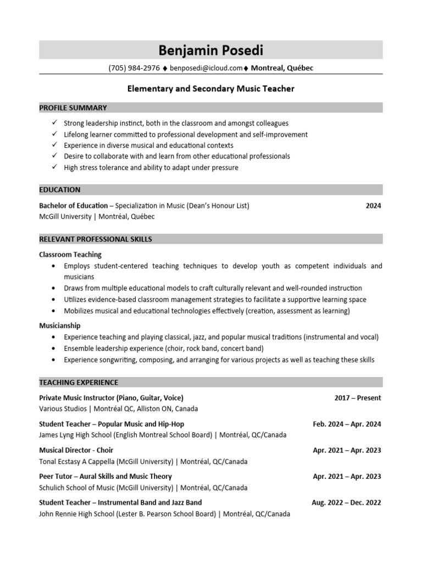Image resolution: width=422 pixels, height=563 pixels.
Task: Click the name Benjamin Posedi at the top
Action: pos(210,51)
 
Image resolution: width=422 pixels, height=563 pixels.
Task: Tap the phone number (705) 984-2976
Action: pos(134,68)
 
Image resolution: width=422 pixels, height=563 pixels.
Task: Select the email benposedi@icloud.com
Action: pos(206,68)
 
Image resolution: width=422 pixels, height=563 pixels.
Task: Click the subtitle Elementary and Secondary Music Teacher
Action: pos(211,89)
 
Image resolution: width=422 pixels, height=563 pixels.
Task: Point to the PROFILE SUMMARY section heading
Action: pos(73,108)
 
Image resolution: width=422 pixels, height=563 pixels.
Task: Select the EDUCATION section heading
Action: pos(60,190)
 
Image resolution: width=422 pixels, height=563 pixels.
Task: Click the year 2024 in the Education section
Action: pos(373,206)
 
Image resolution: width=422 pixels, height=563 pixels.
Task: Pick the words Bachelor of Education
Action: pos(73,206)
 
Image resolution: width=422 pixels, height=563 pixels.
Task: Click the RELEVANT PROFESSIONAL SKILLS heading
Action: pos(96,239)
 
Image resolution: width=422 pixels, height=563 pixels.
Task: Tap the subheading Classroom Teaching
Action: pos(70,255)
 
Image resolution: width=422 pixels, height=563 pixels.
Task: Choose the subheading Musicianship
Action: pos(60,325)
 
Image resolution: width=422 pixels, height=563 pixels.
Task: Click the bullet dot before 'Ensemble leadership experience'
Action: pos(53,349)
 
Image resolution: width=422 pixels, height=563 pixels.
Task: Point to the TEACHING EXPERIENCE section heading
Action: pos(79,382)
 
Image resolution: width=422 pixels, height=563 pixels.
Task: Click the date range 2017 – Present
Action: pos(358,398)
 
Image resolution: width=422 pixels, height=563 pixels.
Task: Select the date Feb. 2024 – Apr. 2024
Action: pos(347,424)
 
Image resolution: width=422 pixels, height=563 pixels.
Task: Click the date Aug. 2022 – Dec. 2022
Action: pos(346,503)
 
